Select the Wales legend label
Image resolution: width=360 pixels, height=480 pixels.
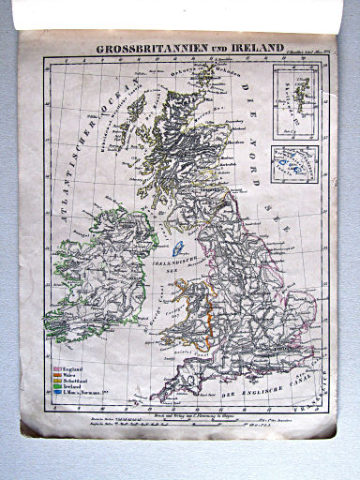pyautogui.click(x=71, y=380)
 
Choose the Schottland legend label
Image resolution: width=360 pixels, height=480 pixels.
pyautogui.click(x=76, y=387)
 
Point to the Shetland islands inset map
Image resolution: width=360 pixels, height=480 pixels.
pyautogui.click(x=291, y=100)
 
